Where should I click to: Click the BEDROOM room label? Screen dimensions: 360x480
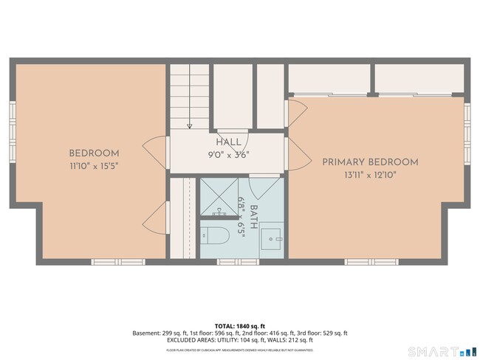point(95,153)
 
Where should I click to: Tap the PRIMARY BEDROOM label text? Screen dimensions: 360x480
point(370,162)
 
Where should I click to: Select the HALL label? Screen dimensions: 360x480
point(227,142)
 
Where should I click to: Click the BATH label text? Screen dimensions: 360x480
point(254,218)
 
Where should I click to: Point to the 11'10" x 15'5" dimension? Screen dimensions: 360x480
point(95,167)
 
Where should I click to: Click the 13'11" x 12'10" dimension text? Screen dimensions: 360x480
point(370,176)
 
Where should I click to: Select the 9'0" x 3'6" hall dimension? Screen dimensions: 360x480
point(227,154)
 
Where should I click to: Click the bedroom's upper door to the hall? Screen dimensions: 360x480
point(157,152)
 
